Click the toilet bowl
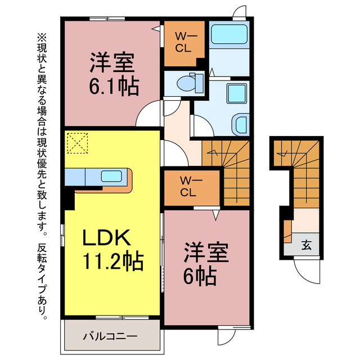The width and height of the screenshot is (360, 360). [x=186, y=83]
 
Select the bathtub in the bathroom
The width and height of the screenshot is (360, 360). [x=229, y=35]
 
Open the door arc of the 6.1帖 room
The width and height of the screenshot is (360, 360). [x=150, y=115]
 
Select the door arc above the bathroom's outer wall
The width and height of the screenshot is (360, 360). [x=238, y=14]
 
